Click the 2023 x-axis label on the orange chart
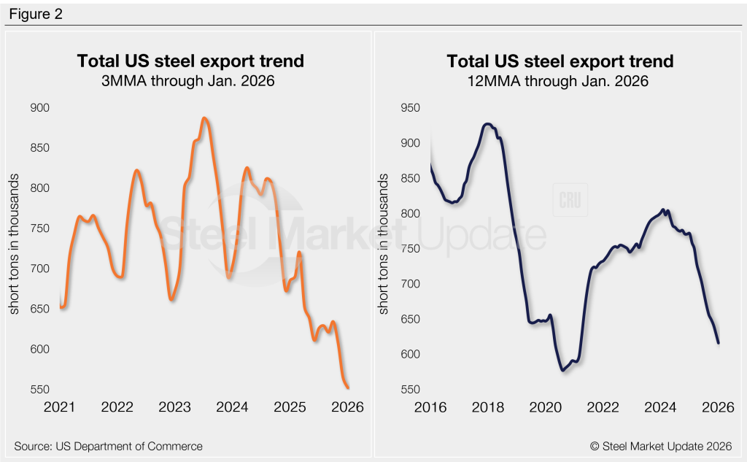175,406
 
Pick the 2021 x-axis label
59,406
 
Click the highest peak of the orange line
205,118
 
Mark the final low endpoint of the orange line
347,388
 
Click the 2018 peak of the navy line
487,124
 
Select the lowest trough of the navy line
563,370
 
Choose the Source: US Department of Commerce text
108,446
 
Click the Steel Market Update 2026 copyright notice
662,446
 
